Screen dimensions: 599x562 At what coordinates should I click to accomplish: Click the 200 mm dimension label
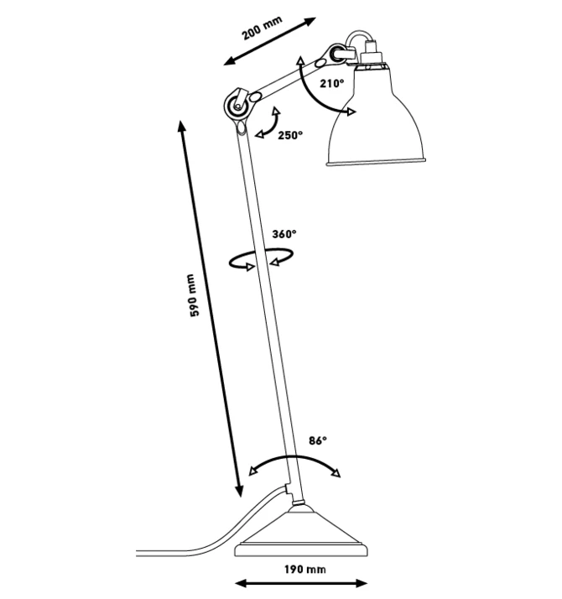pos(261,31)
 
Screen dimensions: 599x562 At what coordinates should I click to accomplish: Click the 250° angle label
pos(290,133)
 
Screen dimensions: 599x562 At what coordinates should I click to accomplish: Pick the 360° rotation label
pos(284,234)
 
